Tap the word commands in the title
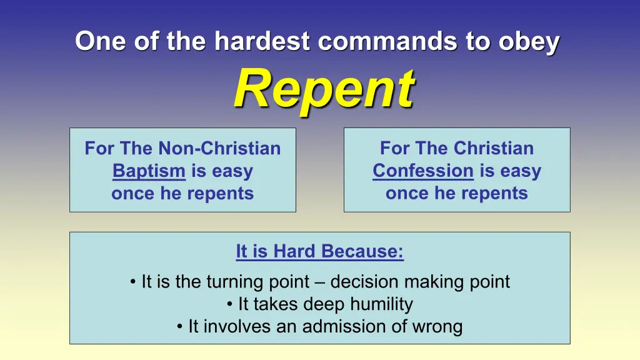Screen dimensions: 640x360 coord(387,41)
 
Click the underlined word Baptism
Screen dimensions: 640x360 coord(149,171)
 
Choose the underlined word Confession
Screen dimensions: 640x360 coord(423,171)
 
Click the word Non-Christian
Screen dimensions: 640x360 coord(219,148)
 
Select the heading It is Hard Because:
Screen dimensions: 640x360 coord(319,251)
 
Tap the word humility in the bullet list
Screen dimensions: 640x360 coord(382,304)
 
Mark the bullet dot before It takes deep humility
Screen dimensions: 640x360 coord(230,304)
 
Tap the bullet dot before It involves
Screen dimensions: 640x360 coord(179,327)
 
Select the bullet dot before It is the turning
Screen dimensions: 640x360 coord(132,282)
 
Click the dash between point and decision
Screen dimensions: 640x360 coord(320,282)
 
